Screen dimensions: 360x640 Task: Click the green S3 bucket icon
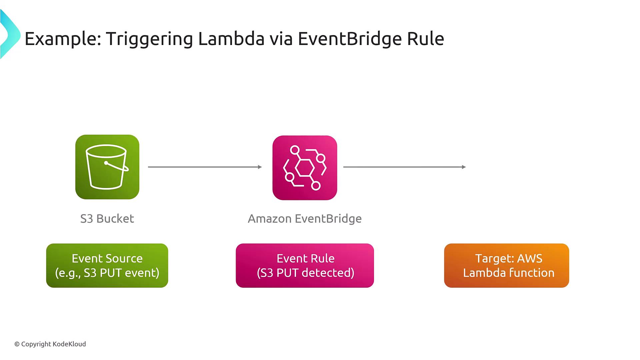[107, 167]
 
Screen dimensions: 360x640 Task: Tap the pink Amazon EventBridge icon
[305, 168]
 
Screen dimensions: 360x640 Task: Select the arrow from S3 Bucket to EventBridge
[204, 167]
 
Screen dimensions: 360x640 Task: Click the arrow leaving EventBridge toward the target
[404, 167]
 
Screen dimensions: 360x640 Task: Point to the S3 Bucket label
[107, 219]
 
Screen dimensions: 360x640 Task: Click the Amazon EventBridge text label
[305, 219]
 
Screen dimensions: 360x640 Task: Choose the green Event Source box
[107, 265]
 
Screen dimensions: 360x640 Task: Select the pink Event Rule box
[305, 265]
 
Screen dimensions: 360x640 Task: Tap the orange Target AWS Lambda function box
[506, 265]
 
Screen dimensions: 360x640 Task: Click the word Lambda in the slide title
[231, 39]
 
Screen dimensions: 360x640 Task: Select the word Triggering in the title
[149, 39]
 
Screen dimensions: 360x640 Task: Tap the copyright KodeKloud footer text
[50, 344]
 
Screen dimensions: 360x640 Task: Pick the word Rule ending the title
[425, 39]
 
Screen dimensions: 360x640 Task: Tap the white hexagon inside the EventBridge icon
[305, 168]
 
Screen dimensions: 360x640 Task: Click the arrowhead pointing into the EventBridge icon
[260, 167]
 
